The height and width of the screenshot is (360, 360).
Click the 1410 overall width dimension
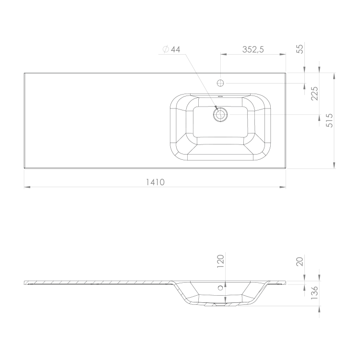[156, 182]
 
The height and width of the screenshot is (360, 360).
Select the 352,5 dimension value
[253, 49]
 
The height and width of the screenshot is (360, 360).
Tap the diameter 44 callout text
[171, 49]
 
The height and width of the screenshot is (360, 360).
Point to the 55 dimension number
[300, 49]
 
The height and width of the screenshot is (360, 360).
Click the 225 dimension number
[314, 94]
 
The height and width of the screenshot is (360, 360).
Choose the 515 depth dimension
[329, 120]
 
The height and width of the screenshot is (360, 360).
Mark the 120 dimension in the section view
[220, 261]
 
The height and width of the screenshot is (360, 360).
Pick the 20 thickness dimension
[300, 262]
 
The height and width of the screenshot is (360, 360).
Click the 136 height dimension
[314, 292]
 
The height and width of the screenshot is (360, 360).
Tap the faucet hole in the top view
[220, 83]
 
